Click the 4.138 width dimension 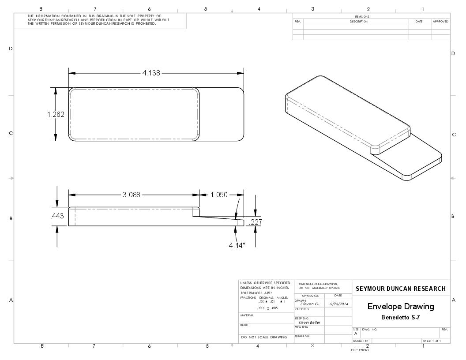point(151,73)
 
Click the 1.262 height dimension point(56,115)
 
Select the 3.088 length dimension point(132,195)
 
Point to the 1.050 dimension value point(219,195)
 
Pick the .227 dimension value point(256,222)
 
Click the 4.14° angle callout point(237,245)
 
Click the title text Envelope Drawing point(401,306)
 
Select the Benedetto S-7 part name point(401,317)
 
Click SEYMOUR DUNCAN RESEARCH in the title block point(401,289)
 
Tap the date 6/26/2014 point(338,304)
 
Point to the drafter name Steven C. point(309,304)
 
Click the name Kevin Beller point(309,322)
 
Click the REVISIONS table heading point(362,17)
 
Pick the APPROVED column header point(440,21)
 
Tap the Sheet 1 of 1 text point(432,341)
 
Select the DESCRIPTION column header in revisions point(359,21)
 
